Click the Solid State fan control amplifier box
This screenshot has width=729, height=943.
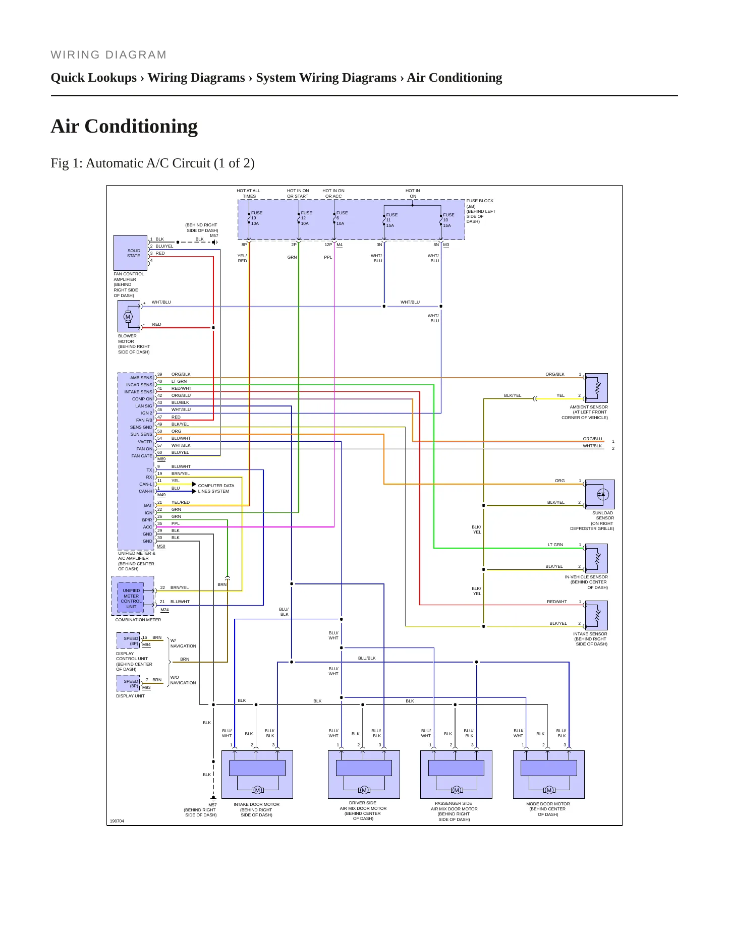click(x=130, y=253)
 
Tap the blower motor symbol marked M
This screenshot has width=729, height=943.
click(x=128, y=317)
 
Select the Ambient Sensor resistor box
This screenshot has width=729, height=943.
click(x=596, y=388)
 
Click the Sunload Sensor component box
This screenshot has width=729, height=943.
click(x=600, y=494)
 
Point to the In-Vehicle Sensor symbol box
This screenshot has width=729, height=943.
click(x=596, y=558)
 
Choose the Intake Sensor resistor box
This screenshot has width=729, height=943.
click(x=596, y=615)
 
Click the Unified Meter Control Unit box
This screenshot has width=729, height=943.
click(x=131, y=598)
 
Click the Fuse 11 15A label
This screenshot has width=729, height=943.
click(x=391, y=220)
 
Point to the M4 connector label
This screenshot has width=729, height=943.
click(x=340, y=245)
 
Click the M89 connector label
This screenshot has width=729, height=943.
click(x=161, y=459)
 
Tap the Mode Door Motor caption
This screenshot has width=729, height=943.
click(x=548, y=809)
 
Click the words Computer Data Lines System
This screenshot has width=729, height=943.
click(x=216, y=488)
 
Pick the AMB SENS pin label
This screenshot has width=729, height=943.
click(x=141, y=378)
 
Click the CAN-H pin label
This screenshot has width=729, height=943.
click(x=145, y=491)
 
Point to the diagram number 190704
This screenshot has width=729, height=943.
click(x=117, y=821)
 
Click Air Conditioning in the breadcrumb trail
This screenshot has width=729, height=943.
click(x=455, y=78)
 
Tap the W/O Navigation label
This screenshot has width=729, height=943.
click(x=183, y=680)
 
